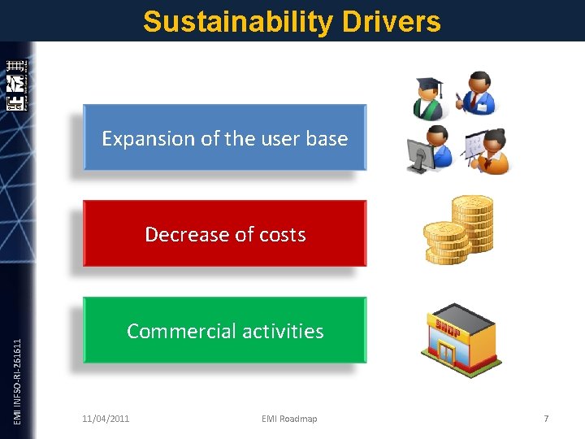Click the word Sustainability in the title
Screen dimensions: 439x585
[236, 22]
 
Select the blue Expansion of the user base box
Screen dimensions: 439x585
[225, 137]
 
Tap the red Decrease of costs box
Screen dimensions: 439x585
[225, 233]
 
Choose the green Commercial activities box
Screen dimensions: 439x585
[225, 330]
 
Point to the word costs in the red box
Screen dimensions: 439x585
[282, 235]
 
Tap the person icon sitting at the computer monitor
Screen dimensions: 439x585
[428, 150]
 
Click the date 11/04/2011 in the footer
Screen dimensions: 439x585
[106, 419]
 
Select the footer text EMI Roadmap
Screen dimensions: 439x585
[289, 419]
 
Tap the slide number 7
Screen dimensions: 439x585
[546, 419]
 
